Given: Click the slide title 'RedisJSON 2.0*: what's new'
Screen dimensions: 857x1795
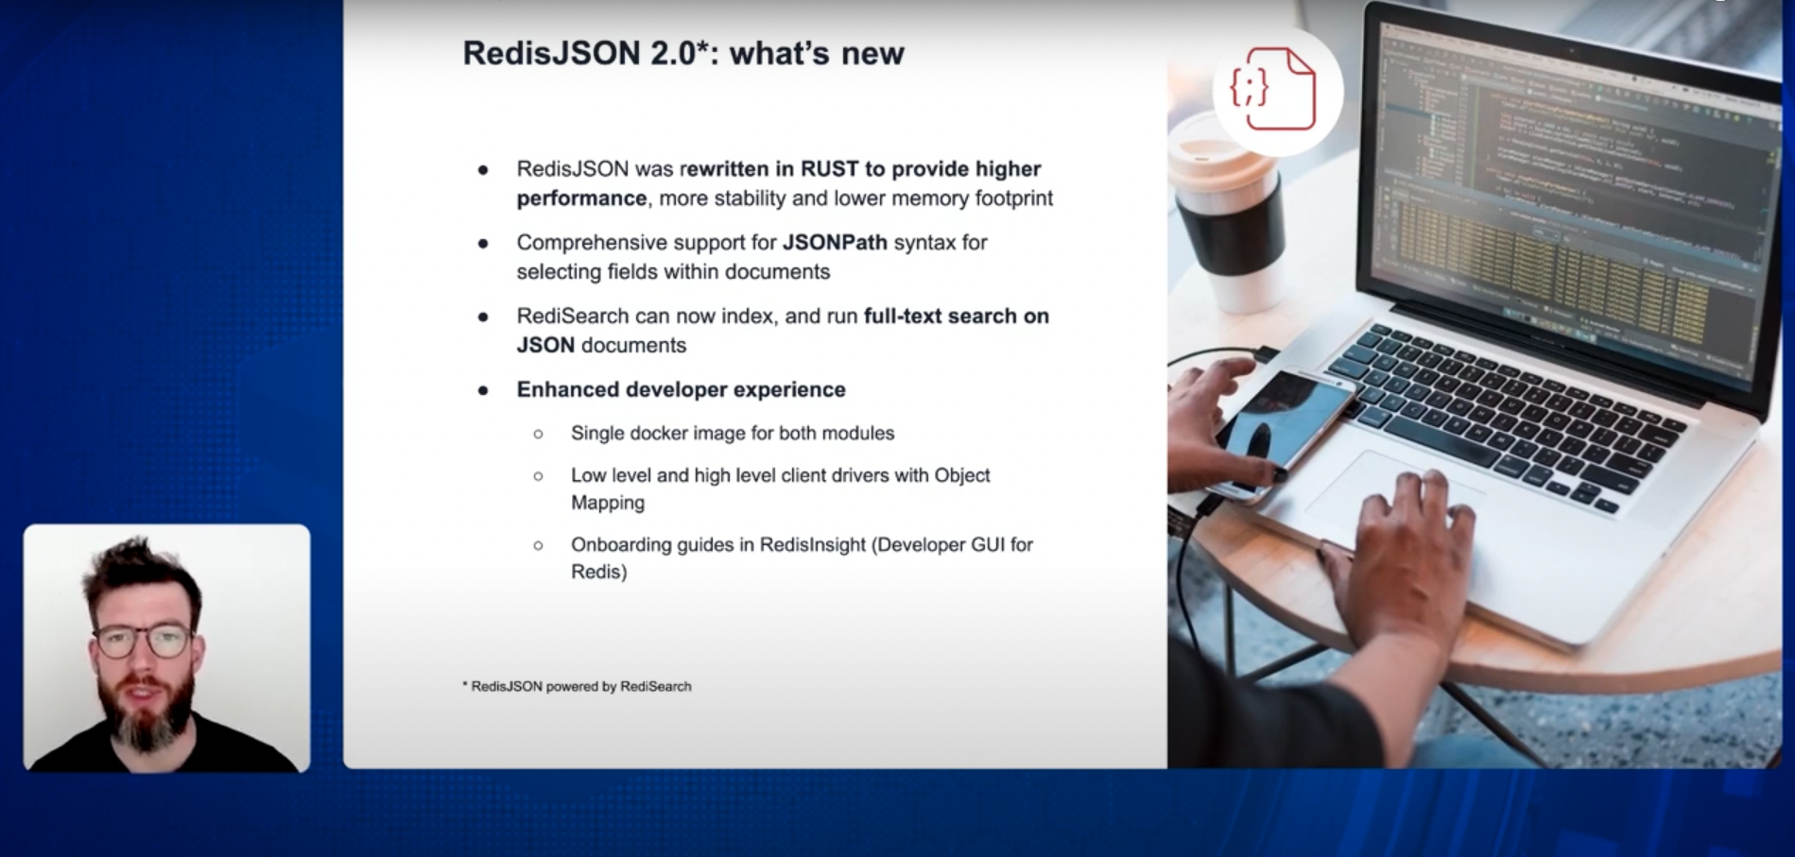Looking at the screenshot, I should click(682, 53).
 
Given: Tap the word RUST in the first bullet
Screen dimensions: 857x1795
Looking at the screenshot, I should click(829, 169).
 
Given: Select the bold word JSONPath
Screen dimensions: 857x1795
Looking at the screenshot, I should click(835, 243).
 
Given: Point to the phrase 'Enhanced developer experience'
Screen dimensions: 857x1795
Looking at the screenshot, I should click(681, 390).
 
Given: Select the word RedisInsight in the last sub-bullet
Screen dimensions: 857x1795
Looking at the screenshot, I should click(812, 545).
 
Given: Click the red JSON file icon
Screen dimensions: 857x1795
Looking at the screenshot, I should click(1274, 90).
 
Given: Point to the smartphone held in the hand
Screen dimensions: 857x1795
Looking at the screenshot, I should click(1286, 425).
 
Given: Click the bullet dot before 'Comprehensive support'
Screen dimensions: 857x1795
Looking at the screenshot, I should click(483, 244).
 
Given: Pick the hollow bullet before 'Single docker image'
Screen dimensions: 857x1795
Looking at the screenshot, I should click(538, 435).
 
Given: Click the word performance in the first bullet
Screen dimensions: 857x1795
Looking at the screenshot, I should click(580, 198).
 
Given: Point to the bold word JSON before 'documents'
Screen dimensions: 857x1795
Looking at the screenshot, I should click(545, 346).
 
